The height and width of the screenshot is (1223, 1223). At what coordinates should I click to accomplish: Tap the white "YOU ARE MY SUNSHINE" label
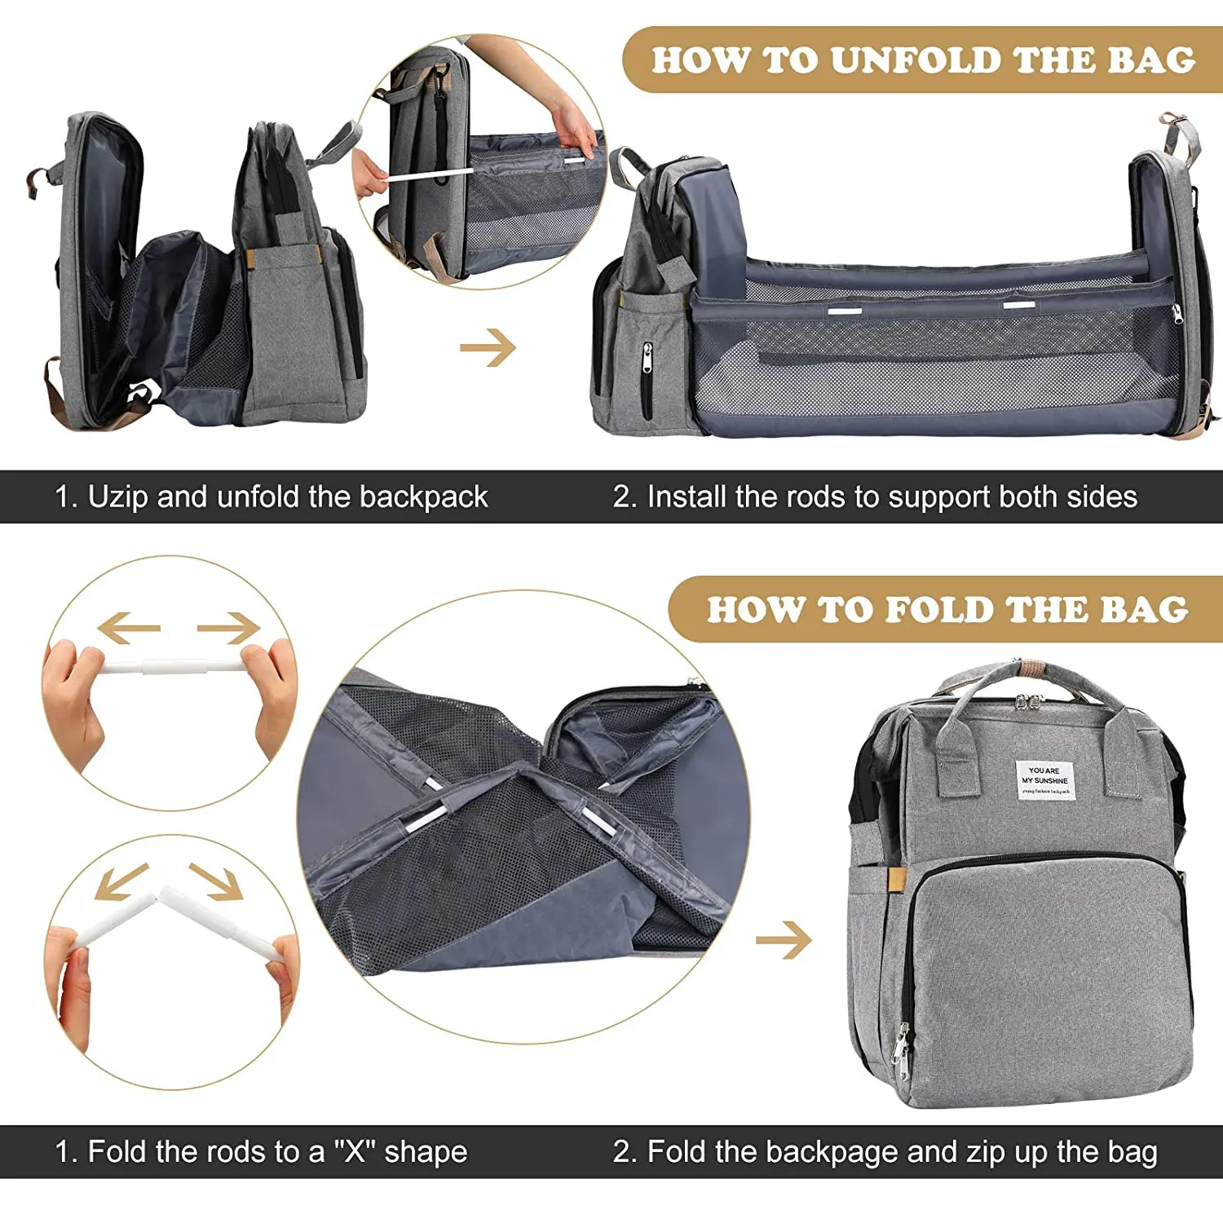coord(1044,780)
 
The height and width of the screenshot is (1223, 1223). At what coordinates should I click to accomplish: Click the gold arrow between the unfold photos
coord(488,348)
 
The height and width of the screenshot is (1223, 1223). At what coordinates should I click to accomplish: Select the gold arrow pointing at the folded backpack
coord(784,940)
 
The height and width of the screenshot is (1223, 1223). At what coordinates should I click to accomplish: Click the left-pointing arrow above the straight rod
coord(128,628)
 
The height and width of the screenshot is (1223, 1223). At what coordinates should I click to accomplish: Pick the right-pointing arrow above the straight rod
coord(228,628)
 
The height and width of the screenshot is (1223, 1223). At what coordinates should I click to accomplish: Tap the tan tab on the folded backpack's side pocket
coord(897,878)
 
